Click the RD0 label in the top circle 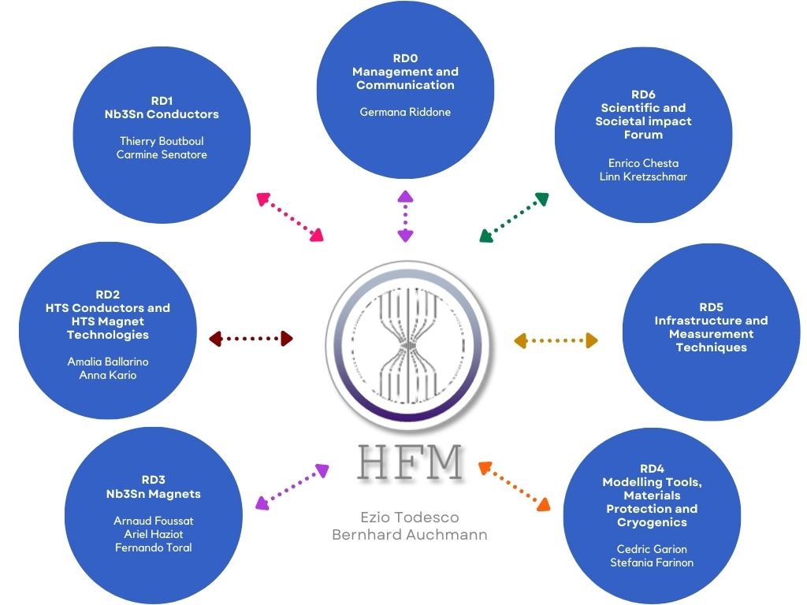[x=405, y=58]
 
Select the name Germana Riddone [x=405, y=112]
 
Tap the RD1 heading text [x=162, y=101]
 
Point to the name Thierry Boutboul [x=162, y=141]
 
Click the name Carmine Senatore [x=162, y=154]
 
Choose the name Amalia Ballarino [x=107, y=362]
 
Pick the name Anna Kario [x=107, y=375]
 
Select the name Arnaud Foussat [x=153, y=521]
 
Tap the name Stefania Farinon [x=652, y=562]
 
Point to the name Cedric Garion [x=652, y=548]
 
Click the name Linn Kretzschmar [x=643, y=176]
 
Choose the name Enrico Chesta [x=643, y=163]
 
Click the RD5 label [x=711, y=307]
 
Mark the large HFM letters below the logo [x=408, y=462]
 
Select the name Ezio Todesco [x=408, y=518]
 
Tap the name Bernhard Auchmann [x=408, y=535]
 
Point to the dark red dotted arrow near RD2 [x=251, y=339]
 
